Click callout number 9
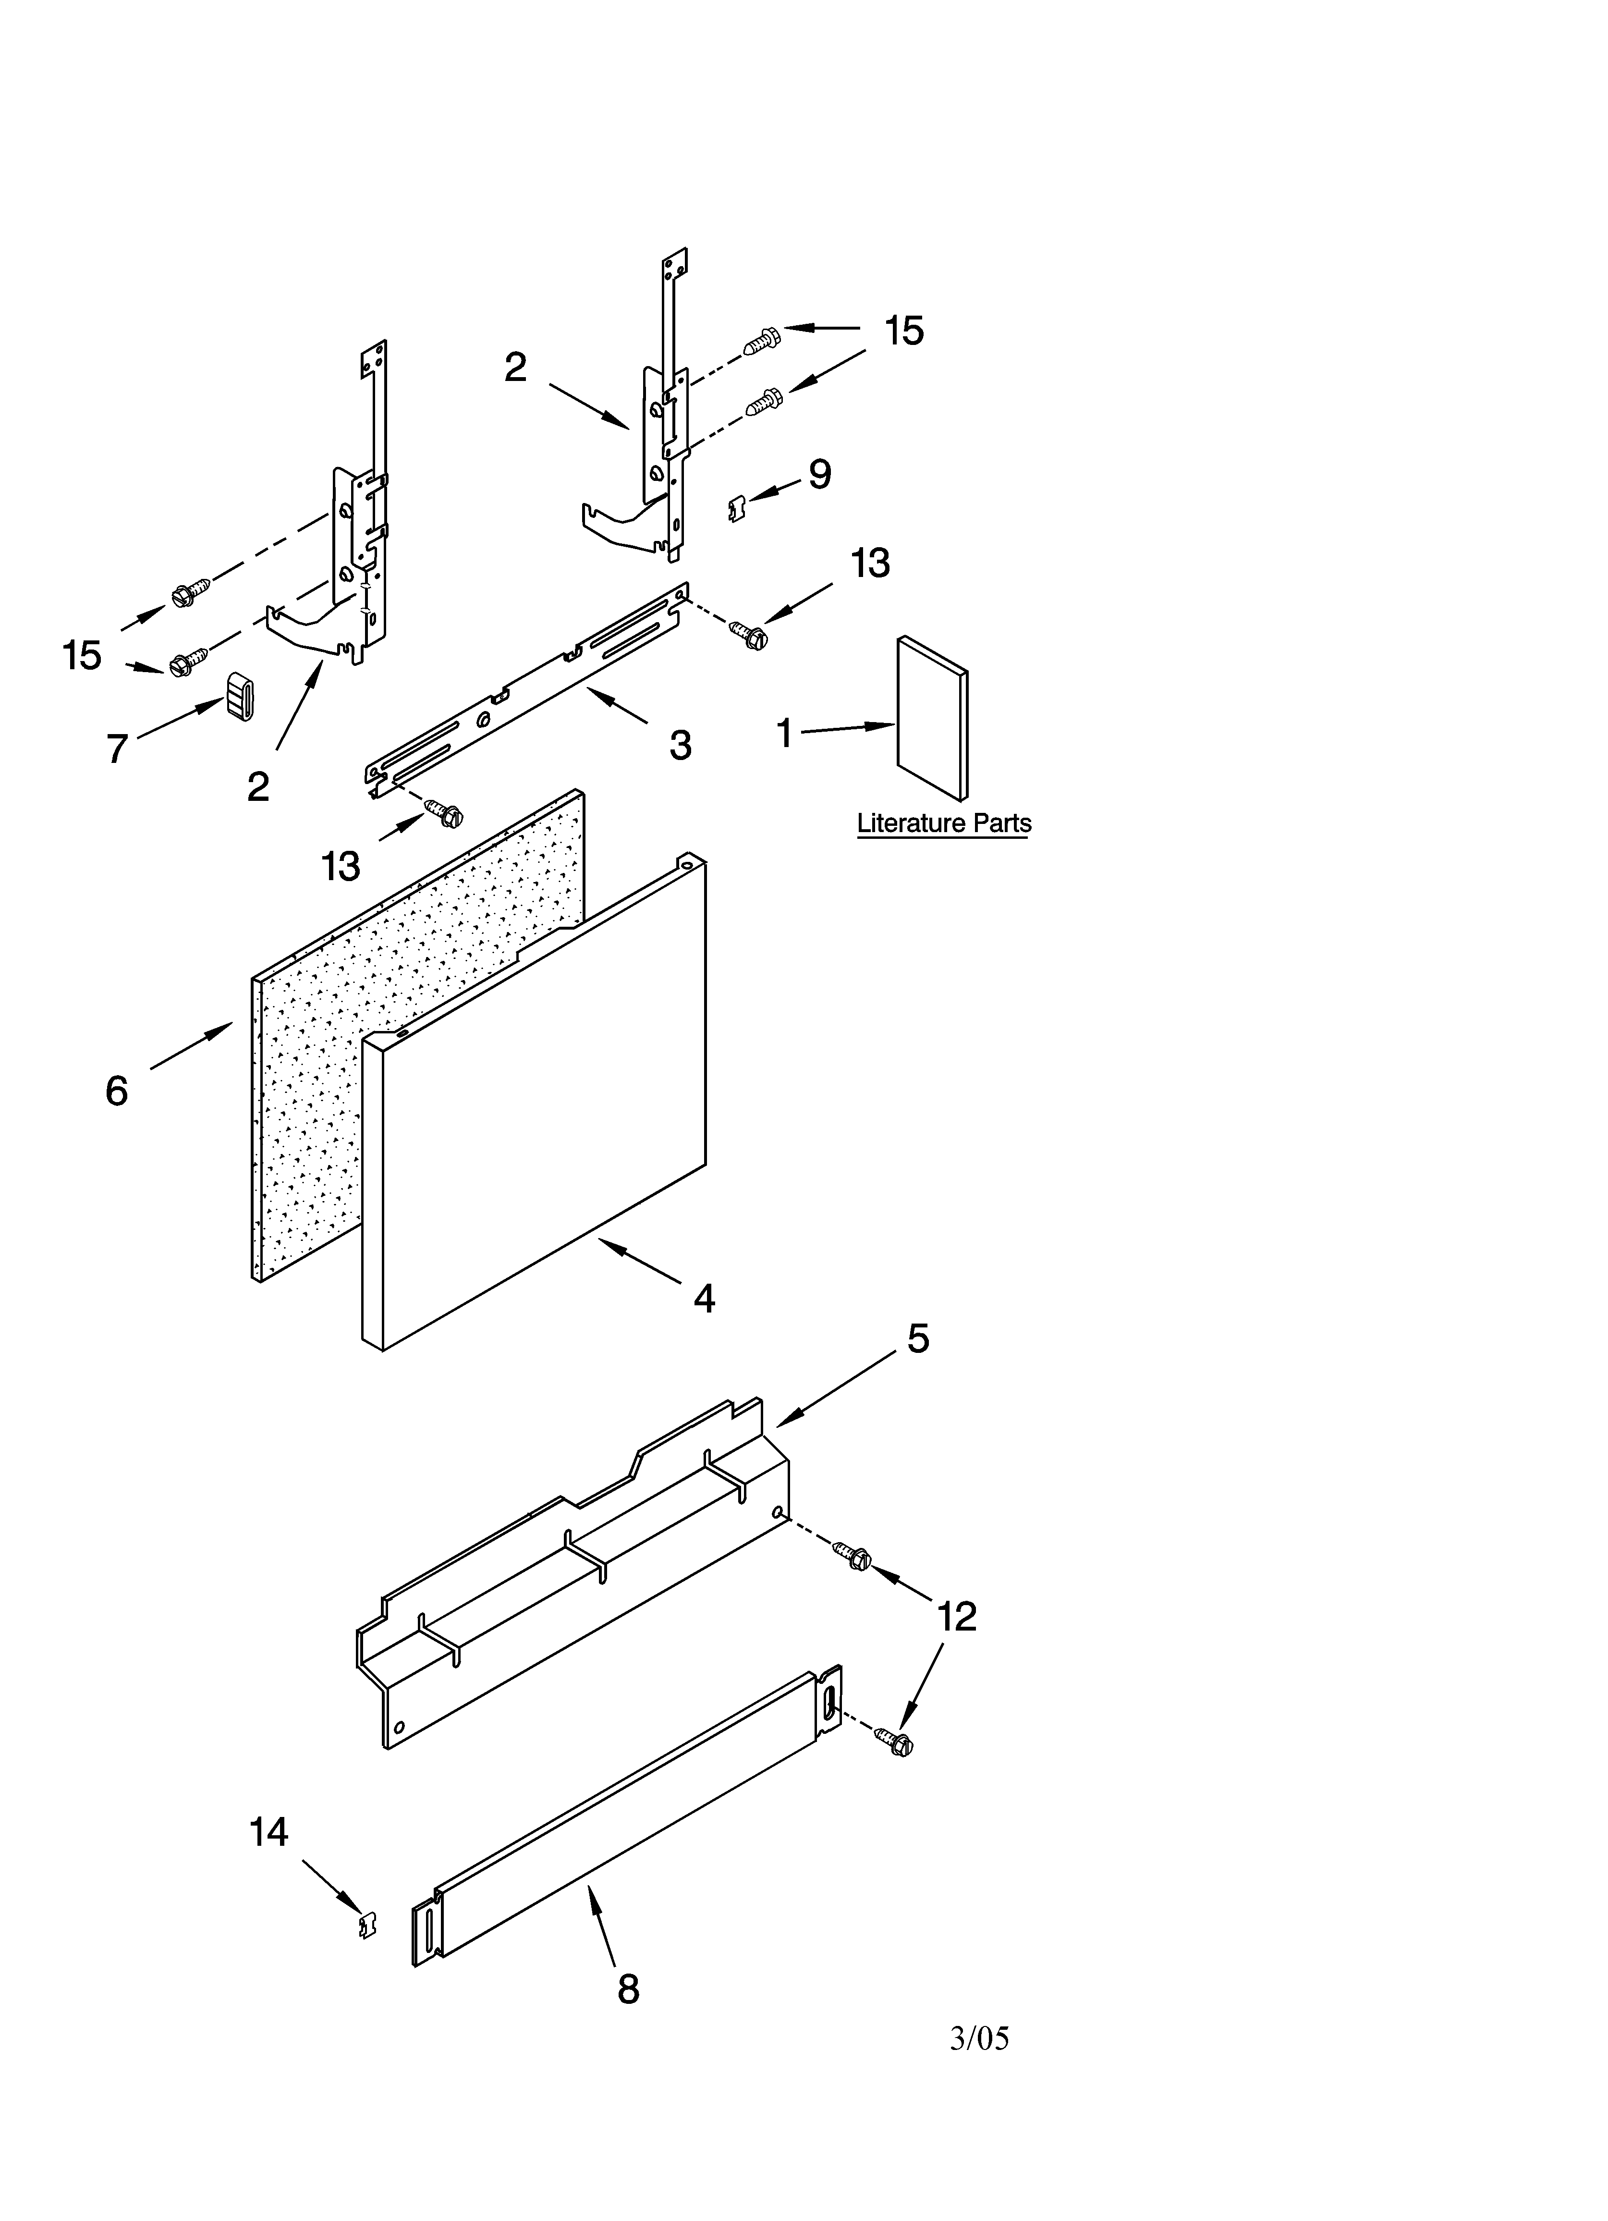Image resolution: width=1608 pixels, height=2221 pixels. point(820,475)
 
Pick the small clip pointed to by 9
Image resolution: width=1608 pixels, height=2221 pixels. point(737,508)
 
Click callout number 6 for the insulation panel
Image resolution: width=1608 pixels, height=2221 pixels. point(117,1090)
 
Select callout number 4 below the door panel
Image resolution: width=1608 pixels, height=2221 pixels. point(704,1299)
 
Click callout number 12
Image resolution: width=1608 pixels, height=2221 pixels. point(957,1617)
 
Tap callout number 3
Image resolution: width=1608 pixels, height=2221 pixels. point(680,745)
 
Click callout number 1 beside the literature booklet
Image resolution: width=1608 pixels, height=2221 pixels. point(783,733)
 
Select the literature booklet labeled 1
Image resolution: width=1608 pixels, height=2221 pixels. point(932,718)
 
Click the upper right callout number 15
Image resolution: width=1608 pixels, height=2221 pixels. point(904,331)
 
